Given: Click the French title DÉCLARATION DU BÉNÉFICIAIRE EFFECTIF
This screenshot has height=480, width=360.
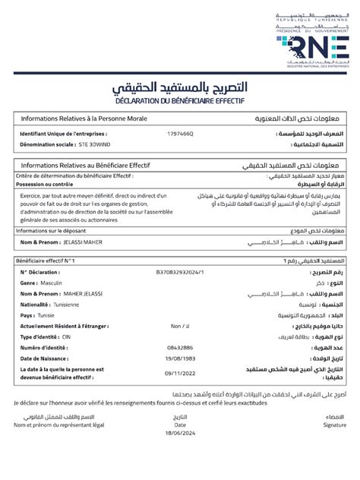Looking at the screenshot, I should pos(180,100).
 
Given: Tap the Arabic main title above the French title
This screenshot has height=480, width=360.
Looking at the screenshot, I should pos(180,84).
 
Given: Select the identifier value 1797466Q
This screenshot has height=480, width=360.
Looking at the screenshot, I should pos(180,133).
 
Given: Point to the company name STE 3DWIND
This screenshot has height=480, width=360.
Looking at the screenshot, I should pos(95,144).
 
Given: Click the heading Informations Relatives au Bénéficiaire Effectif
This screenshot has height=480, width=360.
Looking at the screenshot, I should pos(85,165).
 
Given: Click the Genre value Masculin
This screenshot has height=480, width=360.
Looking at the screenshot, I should pos(52,282).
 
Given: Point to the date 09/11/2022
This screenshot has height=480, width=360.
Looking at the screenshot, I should pos(180,373).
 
